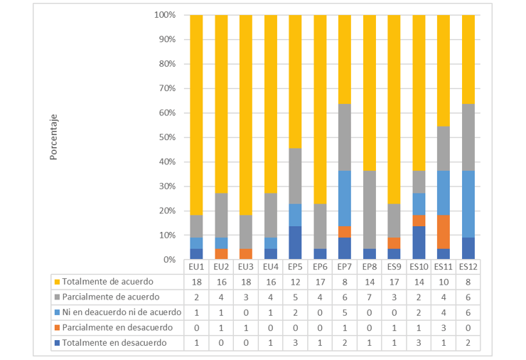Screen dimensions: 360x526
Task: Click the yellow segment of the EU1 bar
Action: [196, 114]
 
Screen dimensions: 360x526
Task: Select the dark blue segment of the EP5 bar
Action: [295, 243]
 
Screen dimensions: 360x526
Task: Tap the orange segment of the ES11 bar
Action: [443, 231]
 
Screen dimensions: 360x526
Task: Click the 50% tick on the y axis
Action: [166, 137]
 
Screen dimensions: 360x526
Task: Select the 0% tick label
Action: [169, 260]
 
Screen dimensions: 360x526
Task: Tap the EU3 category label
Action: [245, 267]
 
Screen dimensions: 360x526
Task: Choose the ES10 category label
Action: [418, 267]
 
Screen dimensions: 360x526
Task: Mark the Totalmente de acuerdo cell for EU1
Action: [196, 282]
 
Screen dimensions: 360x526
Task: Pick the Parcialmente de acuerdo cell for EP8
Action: [369, 297]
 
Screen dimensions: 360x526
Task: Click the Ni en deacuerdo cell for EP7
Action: [344, 312]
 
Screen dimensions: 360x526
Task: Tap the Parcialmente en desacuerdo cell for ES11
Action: [443, 327]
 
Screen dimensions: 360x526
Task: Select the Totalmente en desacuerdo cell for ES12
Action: [468, 342]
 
